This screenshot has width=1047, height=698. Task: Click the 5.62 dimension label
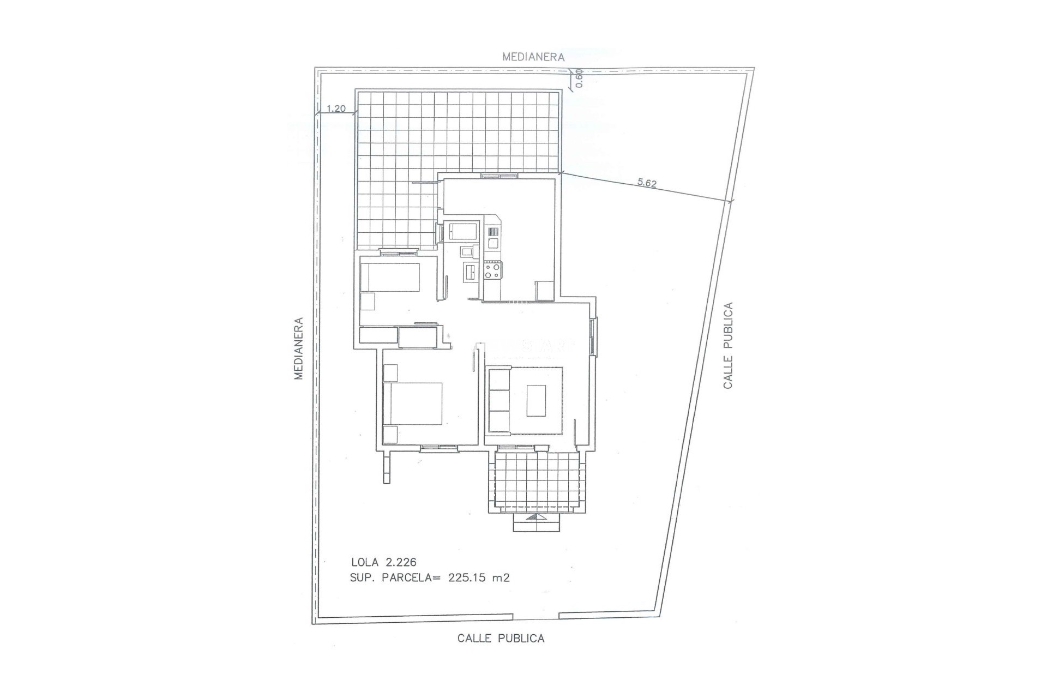click(647, 183)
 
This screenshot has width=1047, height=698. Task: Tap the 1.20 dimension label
click(336, 109)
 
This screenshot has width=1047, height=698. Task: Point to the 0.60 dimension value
click(579, 78)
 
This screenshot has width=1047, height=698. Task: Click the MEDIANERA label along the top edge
click(533, 57)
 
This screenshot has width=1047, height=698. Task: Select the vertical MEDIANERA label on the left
click(298, 348)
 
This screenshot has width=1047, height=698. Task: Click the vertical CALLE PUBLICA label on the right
click(728, 345)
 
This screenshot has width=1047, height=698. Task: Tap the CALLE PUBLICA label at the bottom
click(501, 638)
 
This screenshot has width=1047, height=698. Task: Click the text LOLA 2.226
click(384, 562)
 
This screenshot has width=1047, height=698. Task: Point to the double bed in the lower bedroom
click(412, 404)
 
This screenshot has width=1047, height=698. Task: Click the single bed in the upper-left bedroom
click(390, 278)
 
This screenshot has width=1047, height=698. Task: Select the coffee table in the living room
click(537, 401)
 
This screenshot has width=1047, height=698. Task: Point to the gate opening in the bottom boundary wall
click(536, 617)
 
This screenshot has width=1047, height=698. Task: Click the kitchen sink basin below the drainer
click(492, 244)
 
